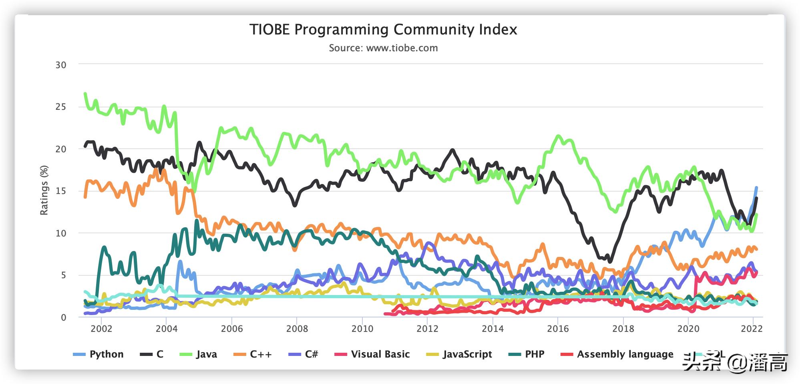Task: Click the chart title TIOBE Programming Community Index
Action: pyautogui.click(x=383, y=30)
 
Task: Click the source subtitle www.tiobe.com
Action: pyautogui.click(x=383, y=48)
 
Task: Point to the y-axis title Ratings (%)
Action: pyautogui.click(x=44, y=190)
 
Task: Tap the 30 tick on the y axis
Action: pyautogui.click(x=61, y=65)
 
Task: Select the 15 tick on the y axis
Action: pyautogui.click(x=61, y=191)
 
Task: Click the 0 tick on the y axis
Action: pyautogui.click(x=63, y=317)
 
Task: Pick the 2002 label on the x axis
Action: pyautogui.click(x=101, y=329)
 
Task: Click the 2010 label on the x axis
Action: pyautogui.click(x=362, y=329)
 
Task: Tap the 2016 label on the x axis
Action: pyautogui.click(x=558, y=329)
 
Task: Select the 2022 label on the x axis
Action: pyautogui.click(x=752, y=329)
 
